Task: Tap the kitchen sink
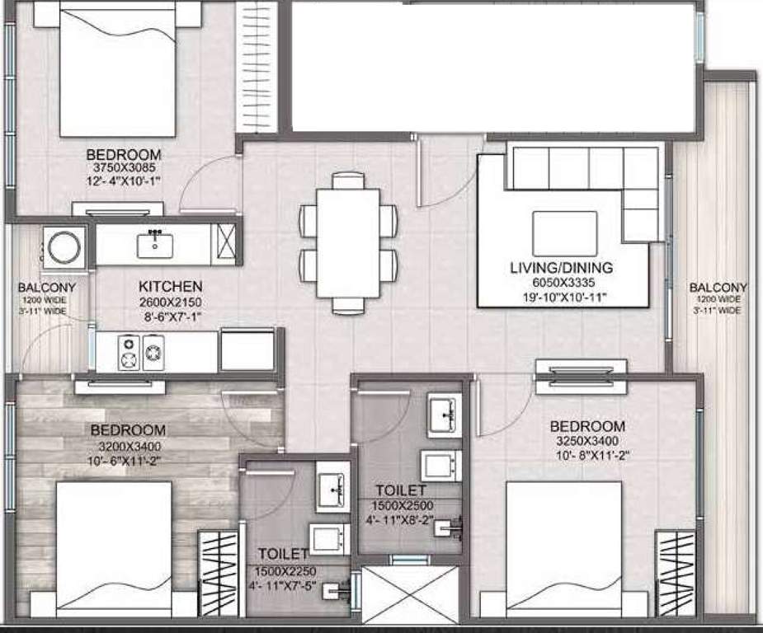point(155,244)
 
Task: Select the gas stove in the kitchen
point(142,352)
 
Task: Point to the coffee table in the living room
point(565,233)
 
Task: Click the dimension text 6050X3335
point(560,282)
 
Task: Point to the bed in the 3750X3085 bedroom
point(118,74)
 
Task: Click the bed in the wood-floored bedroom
point(114,548)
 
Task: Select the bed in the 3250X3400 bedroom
point(563,548)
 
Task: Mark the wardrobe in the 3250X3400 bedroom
point(675,574)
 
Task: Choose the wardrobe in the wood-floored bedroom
point(218,574)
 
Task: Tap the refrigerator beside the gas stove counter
point(247,349)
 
